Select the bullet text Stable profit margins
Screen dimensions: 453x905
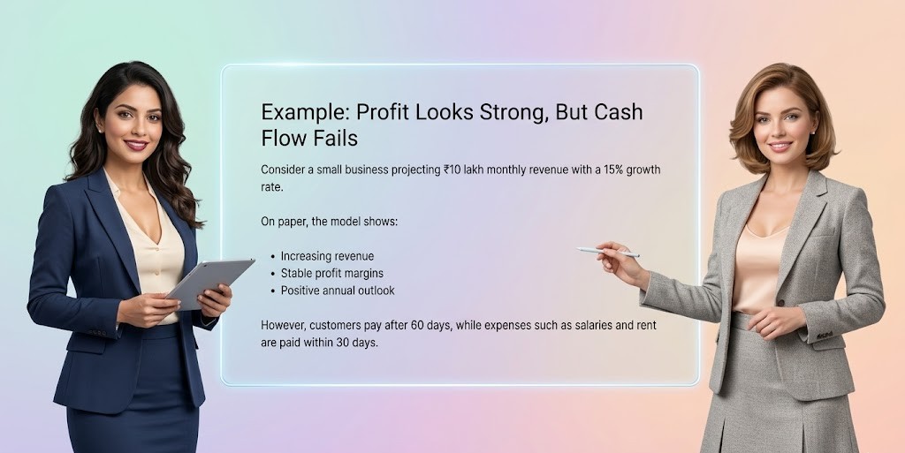[x=331, y=273]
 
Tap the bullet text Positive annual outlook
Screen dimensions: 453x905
[x=337, y=291]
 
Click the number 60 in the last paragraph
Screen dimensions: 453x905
[x=414, y=326]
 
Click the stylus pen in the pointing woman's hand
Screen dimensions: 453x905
[x=607, y=253]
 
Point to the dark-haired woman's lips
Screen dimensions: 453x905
[x=135, y=145]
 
